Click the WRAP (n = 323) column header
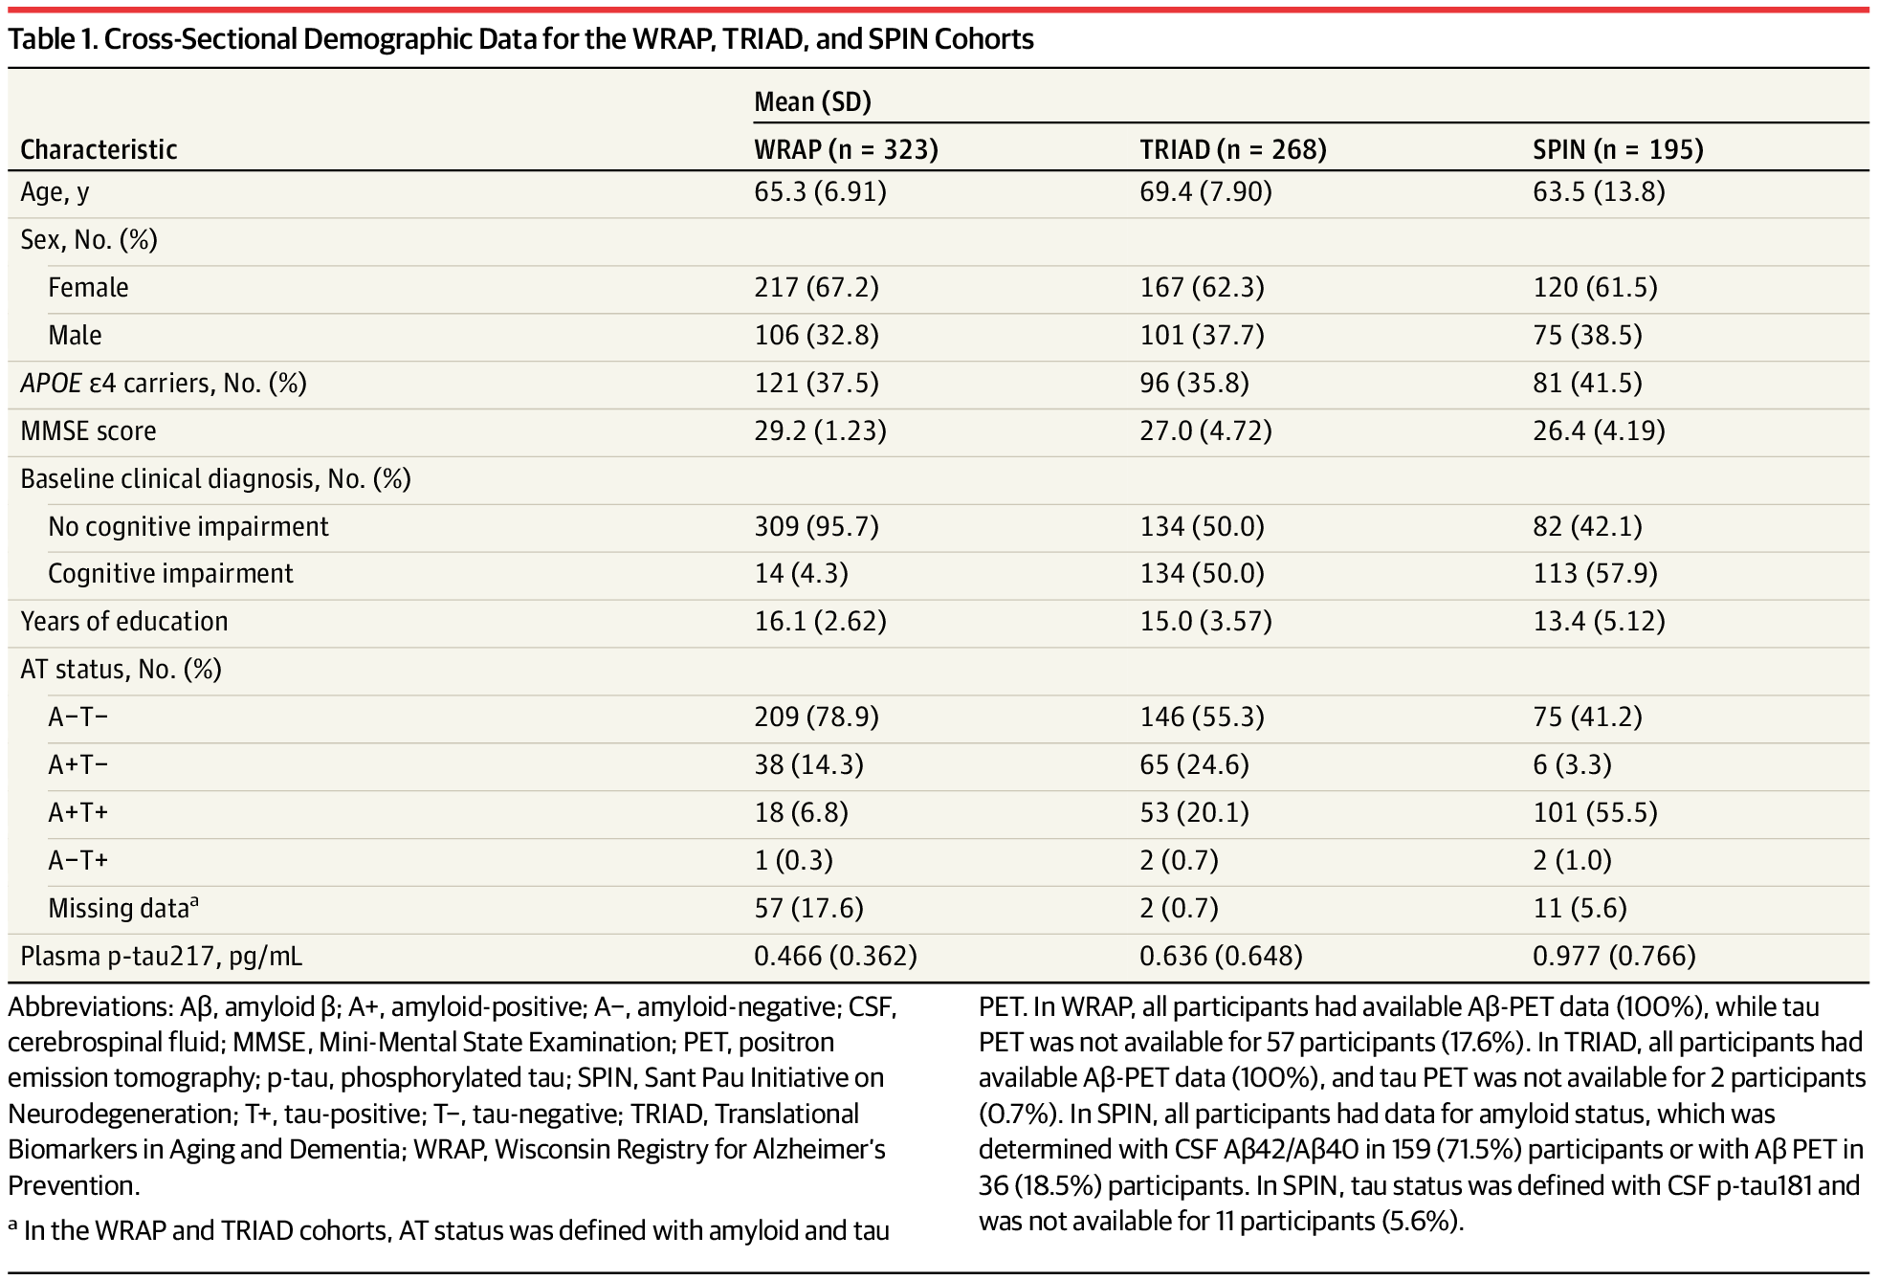pyautogui.click(x=846, y=149)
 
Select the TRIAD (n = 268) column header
pyautogui.click(x=1232, y=149)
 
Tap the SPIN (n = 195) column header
pyautogui.click(x=1618, y=149)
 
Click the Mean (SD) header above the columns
pyautogui.click(x=812, y=101)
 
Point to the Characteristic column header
pyautogui.click(x=99, y=149)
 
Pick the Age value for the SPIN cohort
pyautogui.click(x=1599, y=192)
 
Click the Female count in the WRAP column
pyautogui.click(x=816, y=287)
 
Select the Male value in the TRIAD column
pyautogui.click(x=1202, y=335)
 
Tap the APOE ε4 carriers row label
pyautogui.click(x=164, y=383)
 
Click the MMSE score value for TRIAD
pyautogui.click(x=1205, y=430)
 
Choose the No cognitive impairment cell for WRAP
pyautogui.click(x=816, y=526)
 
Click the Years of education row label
pyautogui.click(x=124, y=621)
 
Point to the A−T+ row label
pyautogui.click(x=78, y=860)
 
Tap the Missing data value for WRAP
pyautogui.click(x=808, y=908)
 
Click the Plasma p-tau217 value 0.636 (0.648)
pyautogui.click(x=1221, y=956)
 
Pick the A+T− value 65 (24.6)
pyautogui.click(x=1194, y=764)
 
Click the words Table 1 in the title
pyautogui.click(x=50, y=39)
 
